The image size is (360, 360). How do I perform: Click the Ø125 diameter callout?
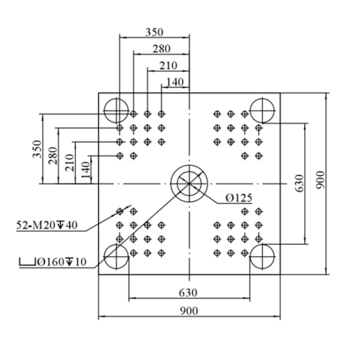point(239,198)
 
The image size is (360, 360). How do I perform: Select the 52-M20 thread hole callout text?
point(47,225)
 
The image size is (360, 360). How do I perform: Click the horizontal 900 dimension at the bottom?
point(189,311)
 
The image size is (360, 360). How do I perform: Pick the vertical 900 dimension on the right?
point(321,180)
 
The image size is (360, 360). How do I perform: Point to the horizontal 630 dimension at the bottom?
point(188,293)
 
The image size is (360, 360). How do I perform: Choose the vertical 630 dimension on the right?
point(299,184)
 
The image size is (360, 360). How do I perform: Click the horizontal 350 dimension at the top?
point(154,32)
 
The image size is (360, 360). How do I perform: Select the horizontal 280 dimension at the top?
point(162,49)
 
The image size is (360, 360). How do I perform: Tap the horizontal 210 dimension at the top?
point(168,66)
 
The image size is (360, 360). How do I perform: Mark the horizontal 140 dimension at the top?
point(175,82)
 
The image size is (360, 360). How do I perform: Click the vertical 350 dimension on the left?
point(37,149)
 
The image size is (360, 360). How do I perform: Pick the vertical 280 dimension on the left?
point(53,156)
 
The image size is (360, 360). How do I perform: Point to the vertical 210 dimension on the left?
point(70,163)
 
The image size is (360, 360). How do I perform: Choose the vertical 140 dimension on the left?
point(85,170)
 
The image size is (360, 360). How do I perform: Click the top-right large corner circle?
point(262,98)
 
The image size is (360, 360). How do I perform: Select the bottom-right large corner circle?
point(262,244)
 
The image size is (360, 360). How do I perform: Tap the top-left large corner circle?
point(117,98)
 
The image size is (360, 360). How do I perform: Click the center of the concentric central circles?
point(189,184)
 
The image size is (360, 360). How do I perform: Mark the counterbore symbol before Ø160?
point(27,262)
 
